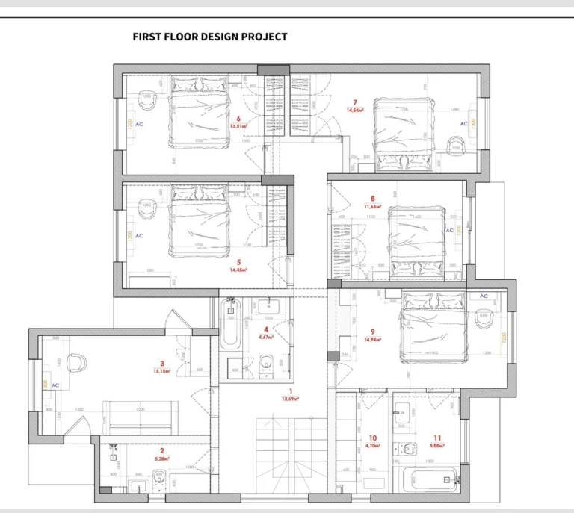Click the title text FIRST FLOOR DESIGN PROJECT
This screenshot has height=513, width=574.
coord(209,37)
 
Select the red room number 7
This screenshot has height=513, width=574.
coord(355,102)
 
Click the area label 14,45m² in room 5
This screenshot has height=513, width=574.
coord(238,270)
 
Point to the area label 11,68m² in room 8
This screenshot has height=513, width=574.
coord(372,207)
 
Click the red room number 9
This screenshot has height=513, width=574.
coord(371,332)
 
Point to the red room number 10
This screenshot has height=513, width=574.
coord(373,438)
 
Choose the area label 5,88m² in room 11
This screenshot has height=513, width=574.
coord(436,446)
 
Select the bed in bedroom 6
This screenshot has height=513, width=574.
coord(198,113)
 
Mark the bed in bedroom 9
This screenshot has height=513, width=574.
coord(433,327)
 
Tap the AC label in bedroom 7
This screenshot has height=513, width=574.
coord(463,124)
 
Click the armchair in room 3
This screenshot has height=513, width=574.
coord(76,362)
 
